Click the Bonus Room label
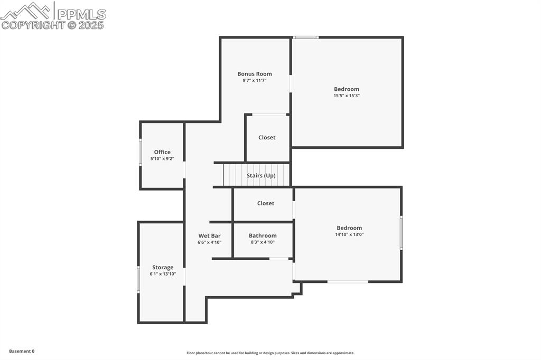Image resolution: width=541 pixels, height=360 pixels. [x=255, y=74]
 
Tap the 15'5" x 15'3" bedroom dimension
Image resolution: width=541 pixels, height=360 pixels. [x=347, y=96]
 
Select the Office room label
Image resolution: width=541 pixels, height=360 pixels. [x=162, y=152]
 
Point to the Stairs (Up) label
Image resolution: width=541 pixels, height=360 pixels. [x=261, y=176]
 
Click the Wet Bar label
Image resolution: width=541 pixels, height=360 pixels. [x=209, y=236]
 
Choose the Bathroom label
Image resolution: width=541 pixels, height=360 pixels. [x=263, y=236]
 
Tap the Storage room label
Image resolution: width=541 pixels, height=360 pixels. [x=163, y=268]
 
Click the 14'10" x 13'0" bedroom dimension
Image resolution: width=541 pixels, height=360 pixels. [x=350, y=234]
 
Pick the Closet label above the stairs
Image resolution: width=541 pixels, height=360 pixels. [x=267, y=138]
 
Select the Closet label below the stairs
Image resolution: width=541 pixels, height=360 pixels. [x=266, y=203]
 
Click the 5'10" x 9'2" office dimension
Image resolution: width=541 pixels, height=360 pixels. [x=162, y=158]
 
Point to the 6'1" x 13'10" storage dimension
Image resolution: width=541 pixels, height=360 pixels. [x=163, y=274]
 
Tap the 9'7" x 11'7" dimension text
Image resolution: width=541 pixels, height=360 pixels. [x=255, y=80]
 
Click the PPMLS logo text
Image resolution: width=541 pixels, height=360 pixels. [x=81, y=14]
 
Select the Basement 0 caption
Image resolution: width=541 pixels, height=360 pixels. [x=22, y=352]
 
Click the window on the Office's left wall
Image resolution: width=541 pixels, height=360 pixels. [x=141, y=152]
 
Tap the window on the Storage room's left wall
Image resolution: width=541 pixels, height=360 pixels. [x=139, y=280]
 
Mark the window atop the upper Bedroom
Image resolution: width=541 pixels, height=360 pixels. [x=306, y=37]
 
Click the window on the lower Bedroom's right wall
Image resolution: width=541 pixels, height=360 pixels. [x=402, y=232]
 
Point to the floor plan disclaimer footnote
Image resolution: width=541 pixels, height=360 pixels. [x=270, y=353]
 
